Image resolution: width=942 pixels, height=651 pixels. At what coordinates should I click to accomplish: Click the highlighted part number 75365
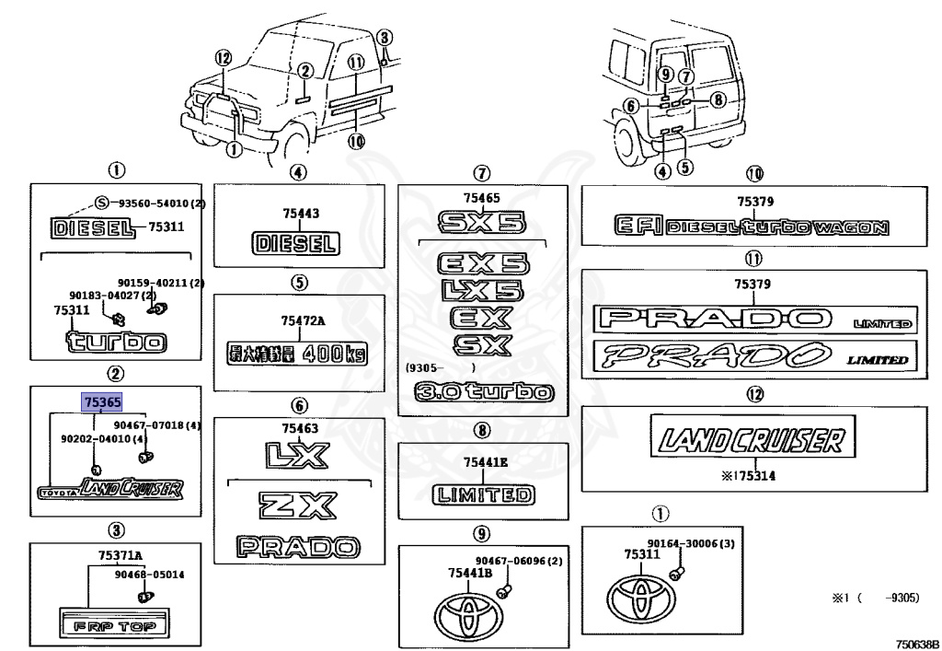coord(101,401)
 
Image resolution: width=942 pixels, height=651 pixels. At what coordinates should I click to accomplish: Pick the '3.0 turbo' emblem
coord(484,393)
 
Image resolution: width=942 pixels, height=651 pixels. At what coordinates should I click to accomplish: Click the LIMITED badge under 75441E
coord(483,494)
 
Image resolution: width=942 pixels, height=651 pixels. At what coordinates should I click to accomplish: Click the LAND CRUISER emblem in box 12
coord(748,439)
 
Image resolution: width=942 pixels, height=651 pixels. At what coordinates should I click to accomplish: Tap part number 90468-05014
coord(149,575)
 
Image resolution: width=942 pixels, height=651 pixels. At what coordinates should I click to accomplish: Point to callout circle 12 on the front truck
coord(221,57)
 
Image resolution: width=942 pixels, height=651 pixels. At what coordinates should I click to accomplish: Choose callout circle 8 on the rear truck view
coord(718,99)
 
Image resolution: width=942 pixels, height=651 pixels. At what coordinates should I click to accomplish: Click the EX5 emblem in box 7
coord(483,264)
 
